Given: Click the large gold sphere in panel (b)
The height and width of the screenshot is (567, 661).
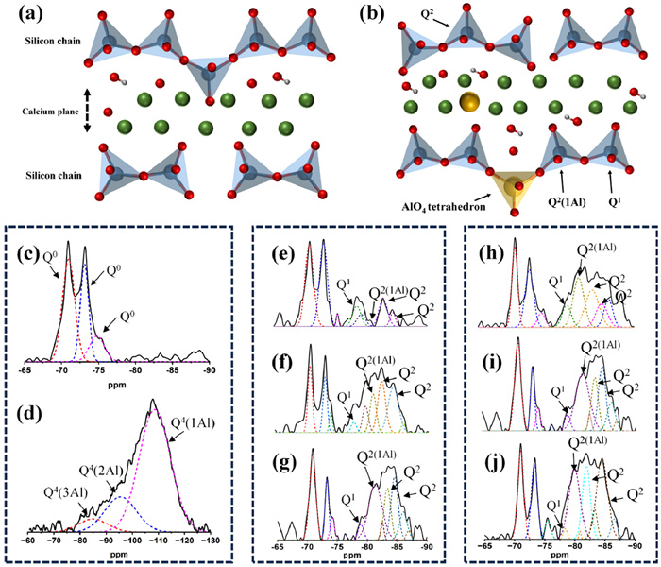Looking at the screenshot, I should click(468, 101).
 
